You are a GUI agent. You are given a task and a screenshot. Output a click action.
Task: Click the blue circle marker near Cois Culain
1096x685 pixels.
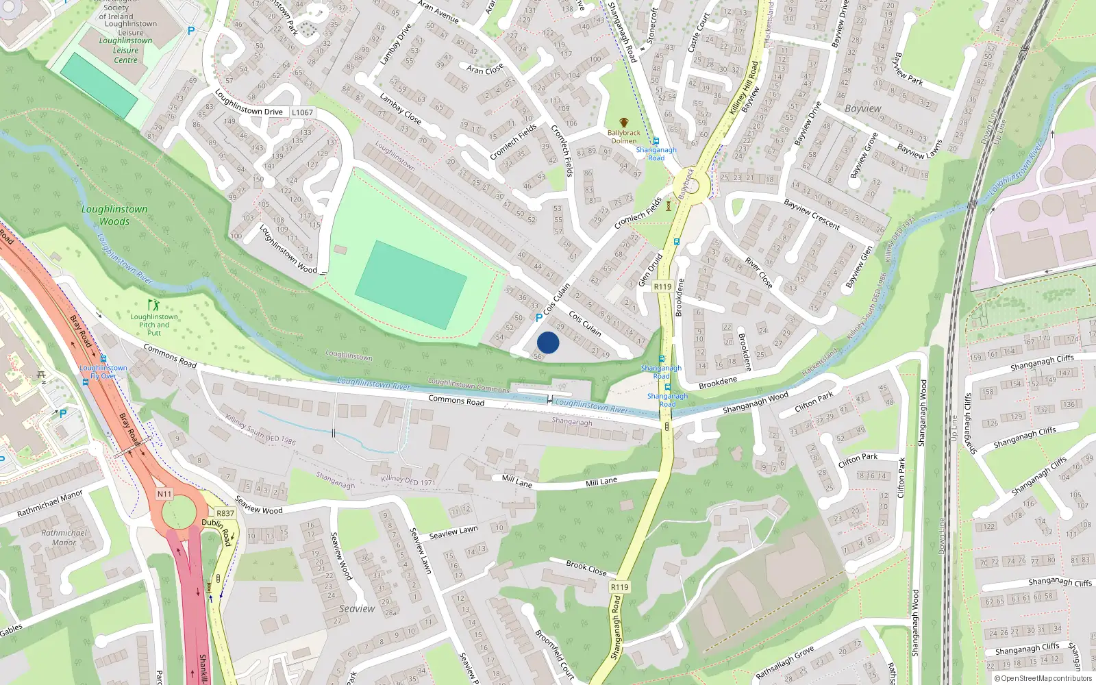coord(548,342)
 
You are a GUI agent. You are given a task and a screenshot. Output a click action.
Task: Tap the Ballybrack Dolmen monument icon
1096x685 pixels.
coord(623,123)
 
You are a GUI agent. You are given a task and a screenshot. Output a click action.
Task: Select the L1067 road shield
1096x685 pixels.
coord(302,112)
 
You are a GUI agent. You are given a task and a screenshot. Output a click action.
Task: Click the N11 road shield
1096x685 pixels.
coord(164,494)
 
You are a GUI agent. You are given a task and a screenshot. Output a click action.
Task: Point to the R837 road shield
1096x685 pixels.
coord(225,513)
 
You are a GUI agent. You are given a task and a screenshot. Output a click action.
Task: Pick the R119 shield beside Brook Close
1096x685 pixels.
coord(619,587)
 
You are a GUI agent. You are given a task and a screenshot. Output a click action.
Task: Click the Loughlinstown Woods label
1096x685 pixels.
coord(114,215)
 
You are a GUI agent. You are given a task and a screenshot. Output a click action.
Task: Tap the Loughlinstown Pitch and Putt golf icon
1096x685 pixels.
coord(153,305)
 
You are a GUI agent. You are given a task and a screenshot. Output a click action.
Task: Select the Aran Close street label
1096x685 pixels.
coord(485,69)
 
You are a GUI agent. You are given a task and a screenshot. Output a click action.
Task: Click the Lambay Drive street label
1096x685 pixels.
coord(395,45)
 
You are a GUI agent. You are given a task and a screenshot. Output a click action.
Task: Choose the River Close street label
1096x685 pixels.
coord(758,273)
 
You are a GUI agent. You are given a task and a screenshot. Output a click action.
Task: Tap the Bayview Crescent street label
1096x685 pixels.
coord(812,214)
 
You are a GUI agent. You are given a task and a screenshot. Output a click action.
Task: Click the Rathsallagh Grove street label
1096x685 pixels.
coord(785,662)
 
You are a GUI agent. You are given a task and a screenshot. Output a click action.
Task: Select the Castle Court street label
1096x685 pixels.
coord(698,32)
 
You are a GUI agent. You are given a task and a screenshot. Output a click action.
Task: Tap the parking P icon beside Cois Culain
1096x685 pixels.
coord(539,318)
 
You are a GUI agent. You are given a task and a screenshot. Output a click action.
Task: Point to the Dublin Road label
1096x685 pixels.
coord(216,532)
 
